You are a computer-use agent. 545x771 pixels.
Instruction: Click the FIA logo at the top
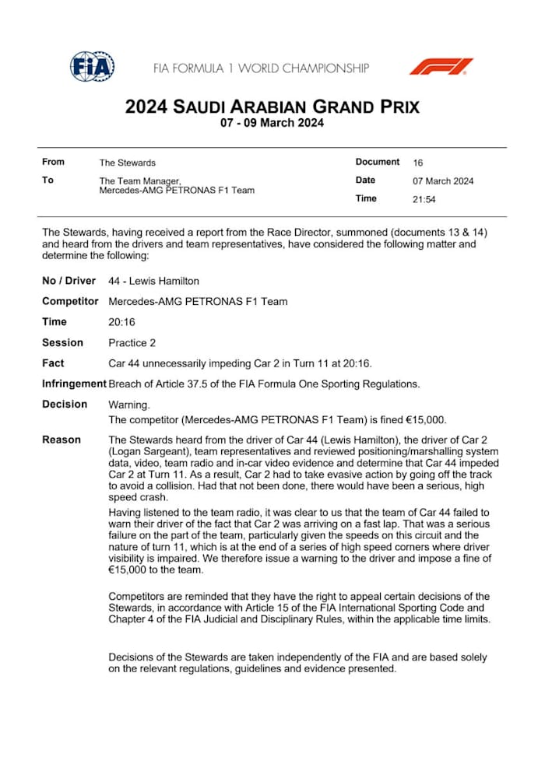(92, 67)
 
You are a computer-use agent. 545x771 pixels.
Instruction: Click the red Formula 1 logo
(441, 67)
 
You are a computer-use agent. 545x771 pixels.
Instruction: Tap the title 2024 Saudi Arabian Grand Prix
(272, 107)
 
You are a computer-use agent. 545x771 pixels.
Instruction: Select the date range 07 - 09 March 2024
(272, 123)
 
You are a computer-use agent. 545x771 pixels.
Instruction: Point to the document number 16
(418, 163)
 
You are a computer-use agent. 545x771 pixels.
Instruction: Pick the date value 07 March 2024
(443, 181)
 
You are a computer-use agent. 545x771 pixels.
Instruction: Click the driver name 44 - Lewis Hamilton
(153, 281)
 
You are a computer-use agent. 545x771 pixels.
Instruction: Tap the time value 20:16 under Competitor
(121, 322)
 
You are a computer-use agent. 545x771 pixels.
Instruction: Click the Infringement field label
(74, 384)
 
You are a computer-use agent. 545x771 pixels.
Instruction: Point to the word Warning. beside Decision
(128, 405)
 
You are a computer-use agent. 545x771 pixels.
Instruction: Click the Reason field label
(62, 440)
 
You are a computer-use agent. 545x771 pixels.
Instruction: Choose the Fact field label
(53, 363)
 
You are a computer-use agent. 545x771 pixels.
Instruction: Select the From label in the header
(53, 162)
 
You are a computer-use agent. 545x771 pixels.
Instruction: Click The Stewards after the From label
(127, 163)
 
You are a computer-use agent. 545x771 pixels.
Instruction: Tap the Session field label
(62, 342)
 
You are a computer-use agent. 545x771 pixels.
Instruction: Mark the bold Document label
(378, 162)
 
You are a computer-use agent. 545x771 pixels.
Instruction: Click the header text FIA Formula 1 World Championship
(261, 68)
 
